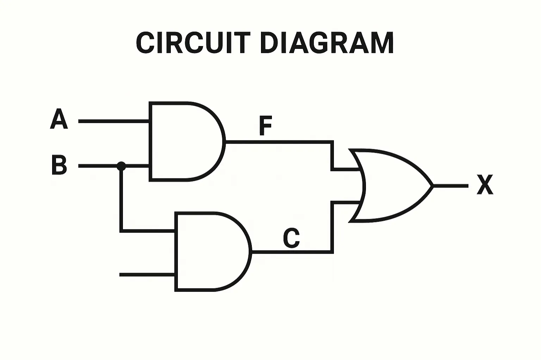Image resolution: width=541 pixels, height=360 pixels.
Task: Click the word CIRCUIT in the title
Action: pyautogui.click(x=193, y=43)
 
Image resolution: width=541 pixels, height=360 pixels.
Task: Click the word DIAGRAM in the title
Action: pyautogui.click(x=327, y=43)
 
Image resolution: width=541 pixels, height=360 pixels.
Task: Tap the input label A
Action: pyautogui.click(x=59, y=119)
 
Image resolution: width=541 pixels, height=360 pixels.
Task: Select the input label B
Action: pyautogui.click(x=59, y=165)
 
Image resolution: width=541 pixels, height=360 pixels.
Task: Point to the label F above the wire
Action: pyautogui.click(x=266, y=126)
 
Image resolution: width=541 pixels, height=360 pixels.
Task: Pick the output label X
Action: pyautogui.click(x=485, y=184)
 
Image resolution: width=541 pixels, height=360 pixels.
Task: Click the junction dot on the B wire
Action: pyautogui.click(x=121, y=166)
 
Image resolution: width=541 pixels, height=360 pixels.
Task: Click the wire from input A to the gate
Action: pyautogui.click(x=113, y=121)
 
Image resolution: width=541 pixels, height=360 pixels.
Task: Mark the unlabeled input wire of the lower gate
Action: pyautogui.click(x=147, y=274)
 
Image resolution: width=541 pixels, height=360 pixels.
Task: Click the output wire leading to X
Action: pyautogui.click(x=451, y=186)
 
